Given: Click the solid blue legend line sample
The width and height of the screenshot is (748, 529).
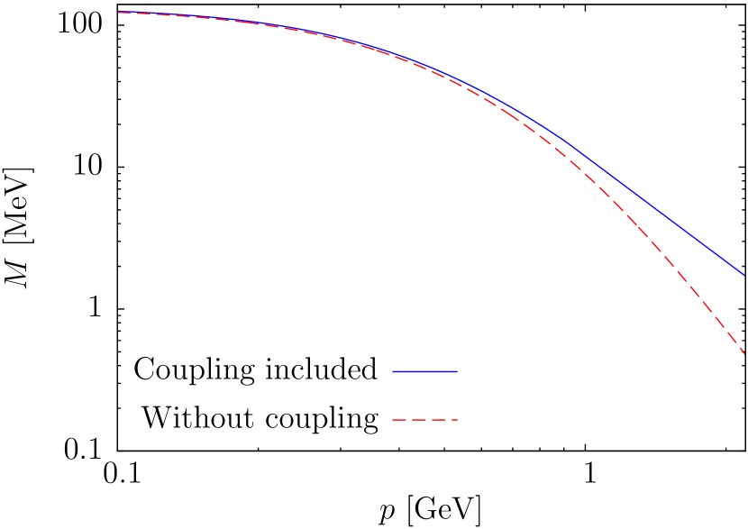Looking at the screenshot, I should click(424, 371).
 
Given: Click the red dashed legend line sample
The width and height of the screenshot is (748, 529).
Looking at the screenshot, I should click(424, 420).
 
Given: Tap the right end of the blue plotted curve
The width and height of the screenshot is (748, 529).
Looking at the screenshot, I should click(744, 274).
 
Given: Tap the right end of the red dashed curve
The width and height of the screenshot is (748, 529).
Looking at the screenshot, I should click(744, 353).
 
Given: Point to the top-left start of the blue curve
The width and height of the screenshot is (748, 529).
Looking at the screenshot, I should click(119, 12).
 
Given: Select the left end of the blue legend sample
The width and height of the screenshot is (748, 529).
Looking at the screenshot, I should click(393, 371).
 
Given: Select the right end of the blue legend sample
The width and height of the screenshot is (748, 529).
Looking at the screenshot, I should click(456, 371).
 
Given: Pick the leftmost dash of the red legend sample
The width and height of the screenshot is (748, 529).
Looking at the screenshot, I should click(397, 420).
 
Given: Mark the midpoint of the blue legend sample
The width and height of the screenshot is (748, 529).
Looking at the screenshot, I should click(424, 371).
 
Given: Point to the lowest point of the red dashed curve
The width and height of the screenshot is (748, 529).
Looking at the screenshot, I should click(744, 353).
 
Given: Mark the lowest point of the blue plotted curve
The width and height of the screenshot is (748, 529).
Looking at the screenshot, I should click(744, 274).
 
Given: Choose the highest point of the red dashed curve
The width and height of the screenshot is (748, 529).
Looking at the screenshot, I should click(119, 13).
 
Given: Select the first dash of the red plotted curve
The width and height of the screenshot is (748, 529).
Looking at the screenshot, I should click(123, 13).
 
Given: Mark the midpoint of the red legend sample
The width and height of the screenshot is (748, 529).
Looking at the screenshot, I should click(424, 420).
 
